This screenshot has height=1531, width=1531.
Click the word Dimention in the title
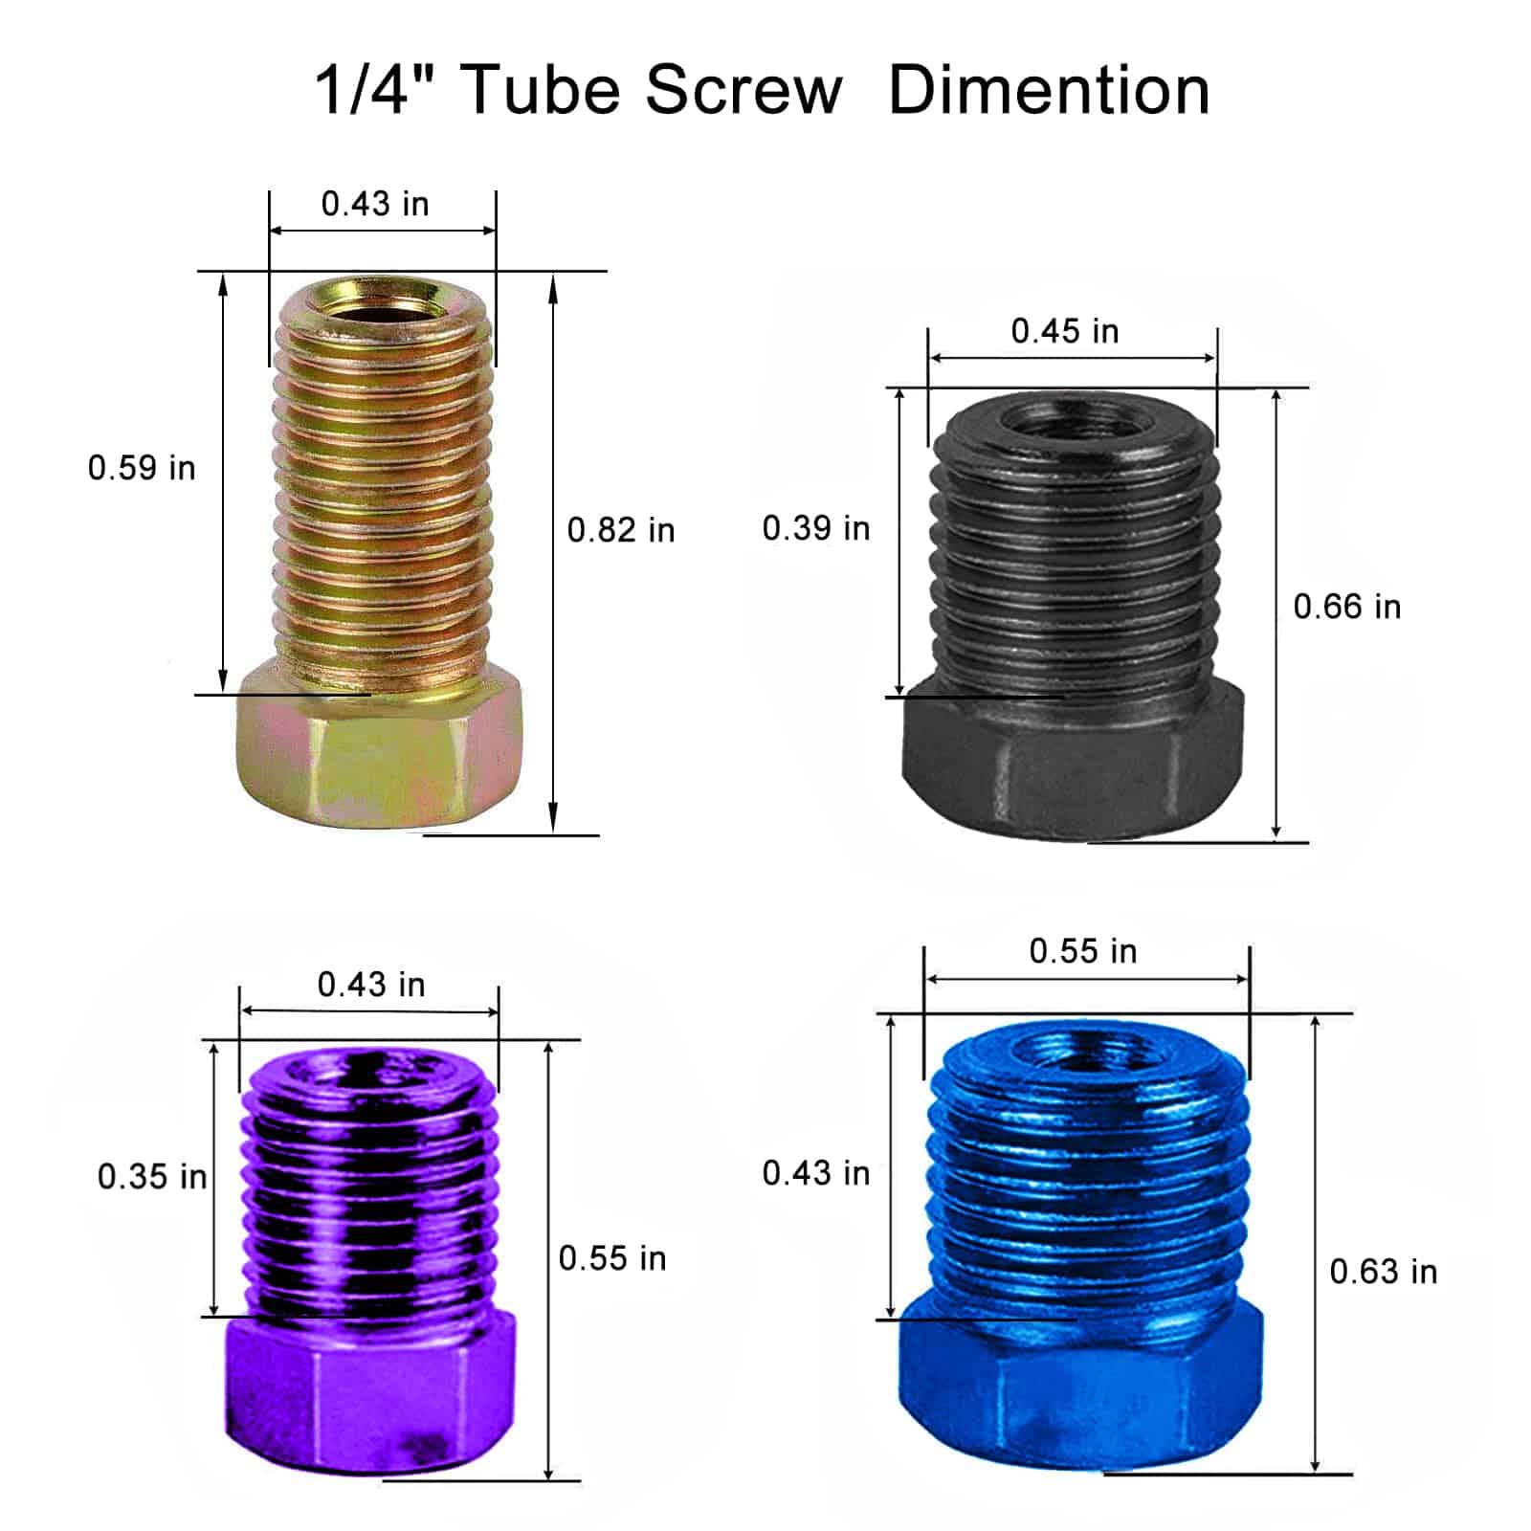(1049, 90)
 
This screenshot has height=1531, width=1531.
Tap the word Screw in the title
(743, 90)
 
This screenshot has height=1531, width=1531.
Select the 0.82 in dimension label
(621, 530)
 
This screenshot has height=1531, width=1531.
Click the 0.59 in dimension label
(142, 468)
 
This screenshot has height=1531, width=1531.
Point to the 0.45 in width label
(1065, 331)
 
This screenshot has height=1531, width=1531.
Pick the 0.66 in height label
(1347, 607)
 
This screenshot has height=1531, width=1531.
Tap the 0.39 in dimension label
(816, 528)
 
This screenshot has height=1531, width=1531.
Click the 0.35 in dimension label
(152, 1176)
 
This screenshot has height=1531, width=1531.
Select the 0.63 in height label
(1384, 1272)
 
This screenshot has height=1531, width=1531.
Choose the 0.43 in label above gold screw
(375, 204)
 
